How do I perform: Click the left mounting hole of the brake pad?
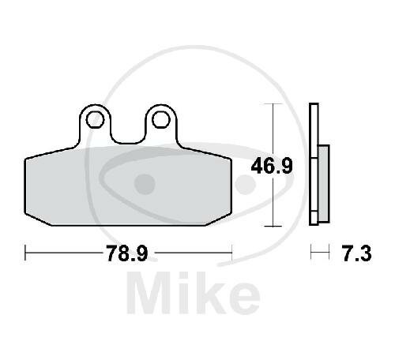click(x=96, y=119)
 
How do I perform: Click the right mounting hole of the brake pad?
click(x=161, y=119)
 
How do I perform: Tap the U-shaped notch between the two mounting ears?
click(x=129, y=136)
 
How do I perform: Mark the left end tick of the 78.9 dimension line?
click(x=26, y=253)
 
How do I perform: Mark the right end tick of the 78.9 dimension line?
click(x=231, y=253)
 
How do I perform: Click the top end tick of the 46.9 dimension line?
click(x=273, y=104)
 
